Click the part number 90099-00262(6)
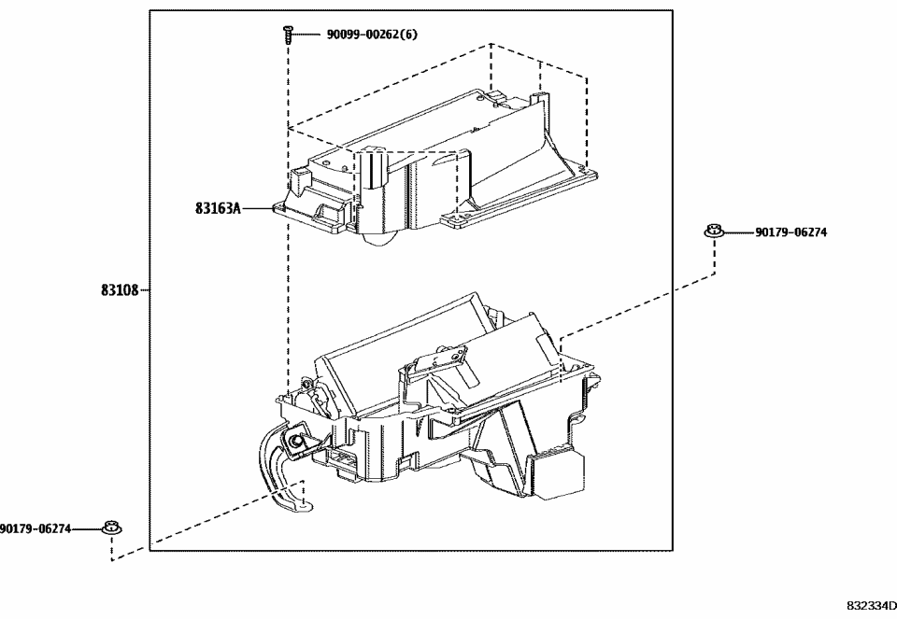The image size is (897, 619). (x=371, y=35)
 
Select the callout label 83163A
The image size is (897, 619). (x=218, y=209)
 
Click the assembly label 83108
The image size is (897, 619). (x=120, y=290)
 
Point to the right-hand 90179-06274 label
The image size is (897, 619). (x=790, y=232)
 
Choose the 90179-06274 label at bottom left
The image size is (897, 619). (x=36, y=529)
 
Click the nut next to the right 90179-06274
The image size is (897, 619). (x=715, y=232)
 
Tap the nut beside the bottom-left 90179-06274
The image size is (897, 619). (x=112, y=529)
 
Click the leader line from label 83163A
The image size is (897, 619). (x=257, y=209)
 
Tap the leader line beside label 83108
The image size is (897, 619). (x=145, y=290)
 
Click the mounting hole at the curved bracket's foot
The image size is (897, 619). (x=300, y=504)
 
